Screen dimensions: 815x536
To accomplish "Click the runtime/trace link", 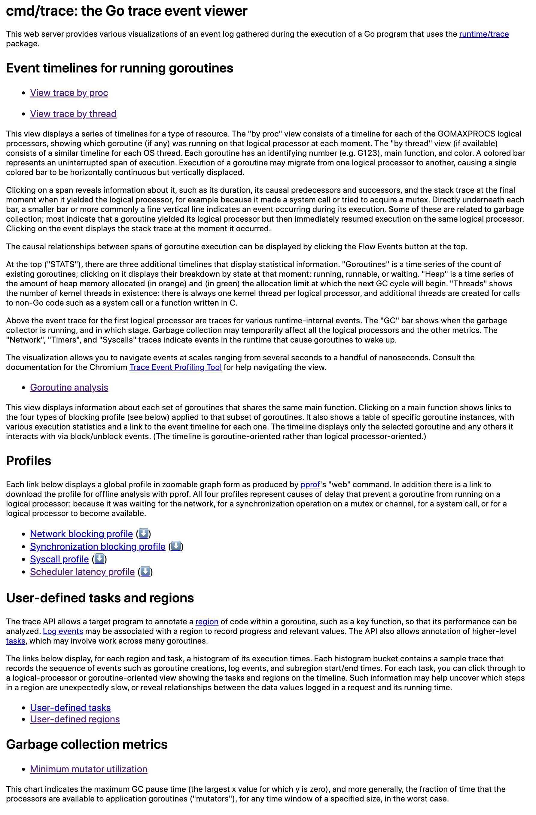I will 484,34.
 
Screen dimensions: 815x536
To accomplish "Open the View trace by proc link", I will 69,93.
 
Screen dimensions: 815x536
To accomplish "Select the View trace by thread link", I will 73,114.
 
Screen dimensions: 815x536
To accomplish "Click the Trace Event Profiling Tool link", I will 175,367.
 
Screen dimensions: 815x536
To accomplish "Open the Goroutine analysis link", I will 69,387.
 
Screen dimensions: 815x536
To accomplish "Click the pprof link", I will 310,484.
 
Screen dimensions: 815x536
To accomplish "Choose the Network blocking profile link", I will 81,534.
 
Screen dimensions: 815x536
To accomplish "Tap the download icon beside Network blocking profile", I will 144,534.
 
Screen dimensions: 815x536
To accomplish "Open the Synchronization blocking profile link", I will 97,546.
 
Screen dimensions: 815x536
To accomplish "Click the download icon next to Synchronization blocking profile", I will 176,546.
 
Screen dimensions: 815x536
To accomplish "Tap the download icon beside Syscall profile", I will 99,559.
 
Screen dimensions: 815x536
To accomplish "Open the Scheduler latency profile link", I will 82,572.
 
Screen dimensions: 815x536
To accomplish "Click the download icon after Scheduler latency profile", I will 145,571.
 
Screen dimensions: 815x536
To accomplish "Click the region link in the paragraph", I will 207,622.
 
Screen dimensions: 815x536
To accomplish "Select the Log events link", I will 63,631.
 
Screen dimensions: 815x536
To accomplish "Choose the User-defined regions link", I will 75,719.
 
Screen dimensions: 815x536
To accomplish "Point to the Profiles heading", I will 29,461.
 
